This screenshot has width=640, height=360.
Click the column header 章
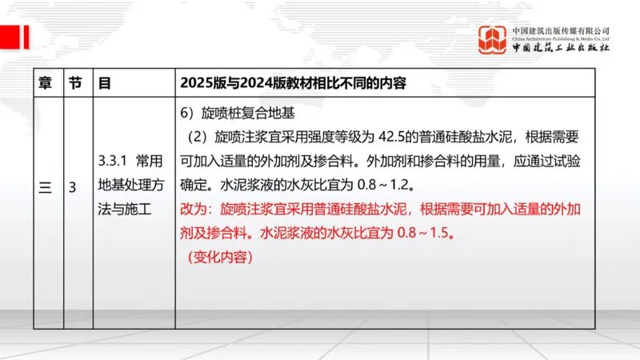click(x=46, y=82)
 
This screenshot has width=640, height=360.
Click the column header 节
click(x=74, y=82)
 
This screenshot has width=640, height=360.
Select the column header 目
click(x=104, y=82)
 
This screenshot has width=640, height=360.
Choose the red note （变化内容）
click(x=215, y=258)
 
